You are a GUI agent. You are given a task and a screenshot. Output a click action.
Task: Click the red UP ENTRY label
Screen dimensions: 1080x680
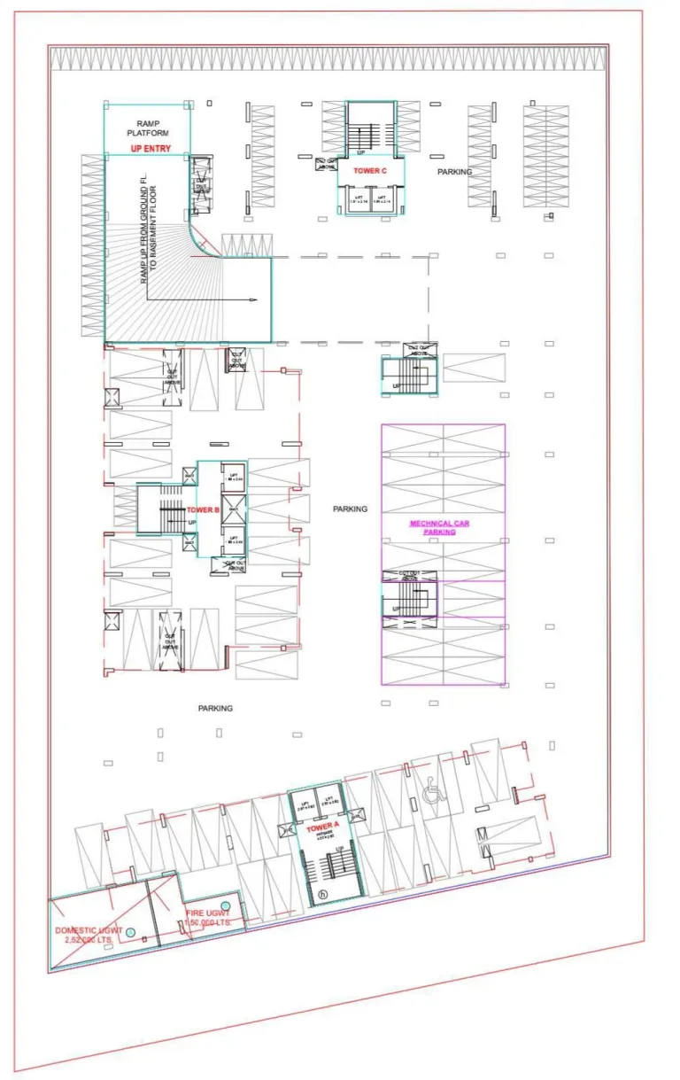point(150,149)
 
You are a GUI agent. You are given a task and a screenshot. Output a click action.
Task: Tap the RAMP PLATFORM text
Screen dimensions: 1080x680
point(146,128)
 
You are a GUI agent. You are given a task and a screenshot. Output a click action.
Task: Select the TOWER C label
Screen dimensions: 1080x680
point(370,170)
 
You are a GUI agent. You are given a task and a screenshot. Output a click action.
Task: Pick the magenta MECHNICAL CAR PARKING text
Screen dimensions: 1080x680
point(439,528)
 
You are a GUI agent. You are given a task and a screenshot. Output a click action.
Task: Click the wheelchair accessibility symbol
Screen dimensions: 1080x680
point(433,793)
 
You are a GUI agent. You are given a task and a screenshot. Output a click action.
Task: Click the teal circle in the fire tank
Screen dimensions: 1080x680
point(225,905)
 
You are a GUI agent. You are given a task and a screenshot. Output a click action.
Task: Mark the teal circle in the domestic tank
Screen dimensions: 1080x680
point(130,932)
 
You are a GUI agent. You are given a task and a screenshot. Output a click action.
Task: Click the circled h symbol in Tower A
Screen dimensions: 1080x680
point(323,895)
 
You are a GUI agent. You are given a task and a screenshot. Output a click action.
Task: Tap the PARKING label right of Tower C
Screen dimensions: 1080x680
point(454,172)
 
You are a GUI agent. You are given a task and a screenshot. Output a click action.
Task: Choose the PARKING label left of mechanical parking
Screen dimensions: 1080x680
point(350,509)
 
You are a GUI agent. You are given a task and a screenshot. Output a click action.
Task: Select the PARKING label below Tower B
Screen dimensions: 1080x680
point(215,709)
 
